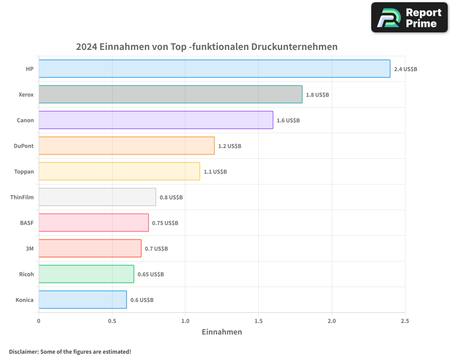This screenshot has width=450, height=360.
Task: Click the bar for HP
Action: point(214,69)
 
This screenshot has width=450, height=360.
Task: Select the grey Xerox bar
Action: point(171,94)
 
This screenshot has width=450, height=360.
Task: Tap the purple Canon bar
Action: point(156,120)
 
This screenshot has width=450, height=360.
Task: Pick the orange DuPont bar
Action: point(126,146)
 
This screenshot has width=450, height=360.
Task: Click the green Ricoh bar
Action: point(86,274)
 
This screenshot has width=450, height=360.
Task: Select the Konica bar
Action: point(83,300)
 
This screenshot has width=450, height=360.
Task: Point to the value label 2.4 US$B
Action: point(405,69)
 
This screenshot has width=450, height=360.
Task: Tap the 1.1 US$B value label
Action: point(215,172)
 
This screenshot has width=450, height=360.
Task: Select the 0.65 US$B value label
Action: point(151,274)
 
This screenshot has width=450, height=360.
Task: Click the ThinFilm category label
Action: point(22,197)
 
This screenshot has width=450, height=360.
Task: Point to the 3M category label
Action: point(30,248)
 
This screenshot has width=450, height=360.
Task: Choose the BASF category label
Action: point(27,223)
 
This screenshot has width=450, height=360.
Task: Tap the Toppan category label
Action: point(24,171)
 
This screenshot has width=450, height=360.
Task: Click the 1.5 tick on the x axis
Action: point(258,321)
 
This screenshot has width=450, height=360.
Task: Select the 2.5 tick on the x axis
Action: point(405,321)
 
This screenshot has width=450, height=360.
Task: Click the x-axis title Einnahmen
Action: point(222,332)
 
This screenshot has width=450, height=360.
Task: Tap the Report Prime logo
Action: point(409,18)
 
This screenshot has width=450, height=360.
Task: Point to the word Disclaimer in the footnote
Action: point(23,351)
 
